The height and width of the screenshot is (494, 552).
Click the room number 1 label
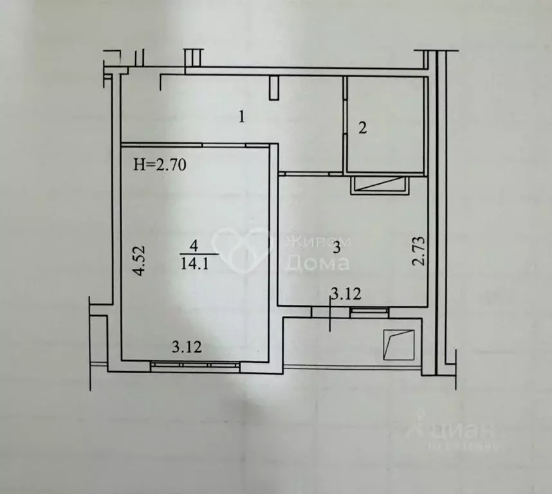coord(241,117)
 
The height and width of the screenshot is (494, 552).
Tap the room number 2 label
coord(362,128)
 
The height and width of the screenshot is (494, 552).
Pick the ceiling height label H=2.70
coord(159,165)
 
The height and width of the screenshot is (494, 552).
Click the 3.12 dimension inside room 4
coord(187,348)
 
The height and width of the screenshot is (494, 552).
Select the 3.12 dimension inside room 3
coord(345,295)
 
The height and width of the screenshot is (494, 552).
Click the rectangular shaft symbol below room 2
coord(380,185)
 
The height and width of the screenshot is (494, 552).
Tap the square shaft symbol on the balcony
coord(398,345)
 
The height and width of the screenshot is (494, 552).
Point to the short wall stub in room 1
coord(275,88)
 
